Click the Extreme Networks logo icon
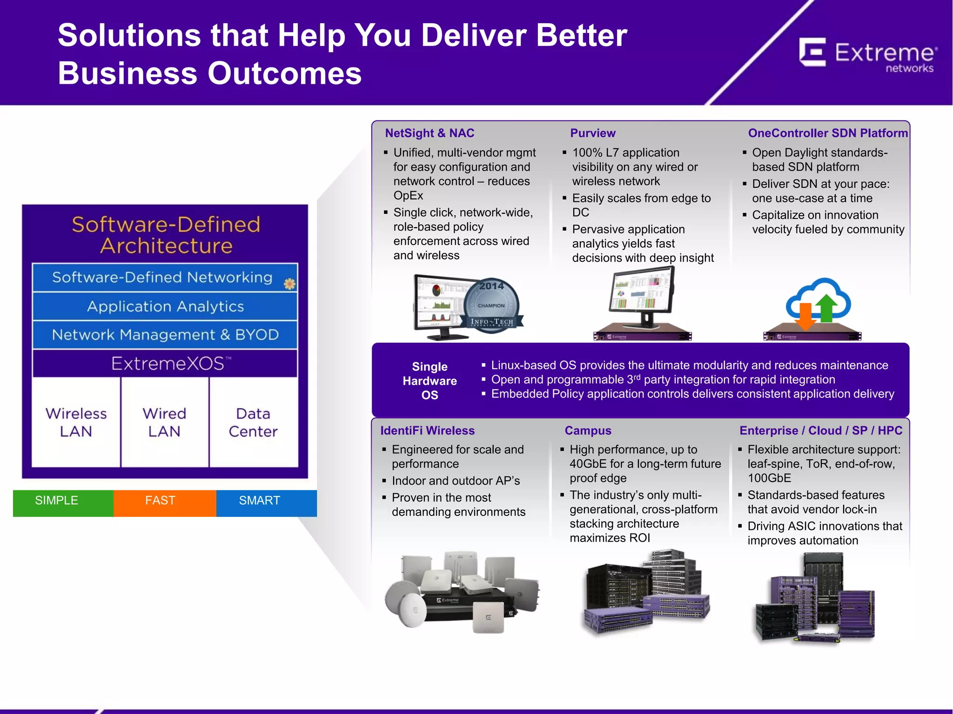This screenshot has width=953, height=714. (x=812, y=53)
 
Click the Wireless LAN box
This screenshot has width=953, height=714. (x=76, y=422)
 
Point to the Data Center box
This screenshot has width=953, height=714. (x=253, y=422)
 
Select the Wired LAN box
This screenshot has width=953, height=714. (x=164, y=422)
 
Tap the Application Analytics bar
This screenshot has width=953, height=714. (x=165, y=306)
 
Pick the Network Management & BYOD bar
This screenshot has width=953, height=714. (x=165, y=335)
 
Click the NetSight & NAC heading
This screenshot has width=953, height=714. (x=430, y=133)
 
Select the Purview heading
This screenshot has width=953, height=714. (x=592, y=133)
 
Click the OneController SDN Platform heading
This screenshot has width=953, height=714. (x=827, y=133)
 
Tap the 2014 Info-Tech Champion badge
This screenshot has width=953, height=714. (x=492, y=304)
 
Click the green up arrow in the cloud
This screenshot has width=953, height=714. (x=826, y=309)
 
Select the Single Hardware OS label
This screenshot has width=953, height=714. (x=430, y=381)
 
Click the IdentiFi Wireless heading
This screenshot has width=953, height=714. (x=427, y=430)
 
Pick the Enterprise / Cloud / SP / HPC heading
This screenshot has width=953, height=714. (x=820, y=430)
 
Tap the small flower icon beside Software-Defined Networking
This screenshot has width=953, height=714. (x=289, y=284)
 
